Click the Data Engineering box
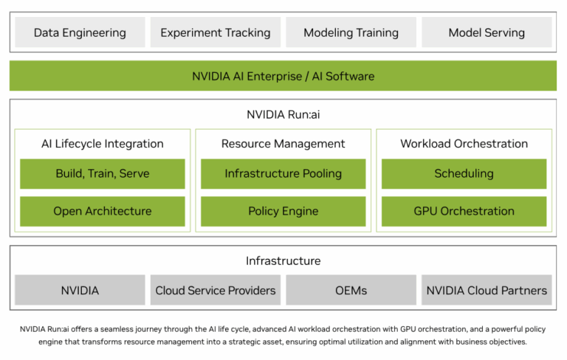[80, 32]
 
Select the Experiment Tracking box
[216, 32]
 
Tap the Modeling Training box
[351, 32]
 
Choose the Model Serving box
[487, 32]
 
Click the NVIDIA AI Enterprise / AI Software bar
[283, 76]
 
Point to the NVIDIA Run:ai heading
[283, 114]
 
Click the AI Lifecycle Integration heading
[103, 143]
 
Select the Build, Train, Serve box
[103, 174]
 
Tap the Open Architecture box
[103, 211]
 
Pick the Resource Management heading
[283, 143]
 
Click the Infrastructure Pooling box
[283, 174]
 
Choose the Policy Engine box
[283, 211]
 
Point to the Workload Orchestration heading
[464, 143]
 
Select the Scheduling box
[464, 174]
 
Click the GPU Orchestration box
[464, 211]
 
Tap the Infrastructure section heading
[283, 260]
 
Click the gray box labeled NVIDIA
[80, 290]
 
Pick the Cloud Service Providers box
[216, 290]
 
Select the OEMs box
[351, 290]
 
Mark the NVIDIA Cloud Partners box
[487, 290]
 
